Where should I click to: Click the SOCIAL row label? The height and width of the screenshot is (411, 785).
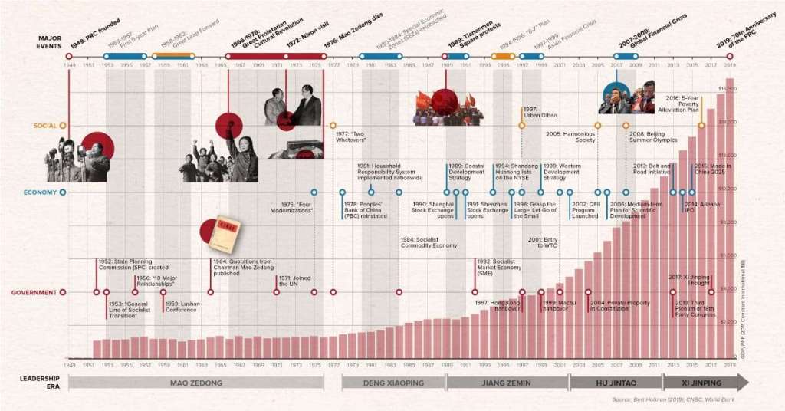pos(44,125)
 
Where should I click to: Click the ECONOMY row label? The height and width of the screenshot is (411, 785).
pos(38,192)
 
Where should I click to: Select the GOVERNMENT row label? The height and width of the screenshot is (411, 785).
pos(34,292)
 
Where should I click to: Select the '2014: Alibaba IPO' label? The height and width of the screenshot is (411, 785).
pos(701,207)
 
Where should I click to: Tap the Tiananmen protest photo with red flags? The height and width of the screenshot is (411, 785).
pos(448,107)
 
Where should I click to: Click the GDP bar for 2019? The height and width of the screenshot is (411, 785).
pos(730,219)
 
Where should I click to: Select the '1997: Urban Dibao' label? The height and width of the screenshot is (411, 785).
pos(538,112)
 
